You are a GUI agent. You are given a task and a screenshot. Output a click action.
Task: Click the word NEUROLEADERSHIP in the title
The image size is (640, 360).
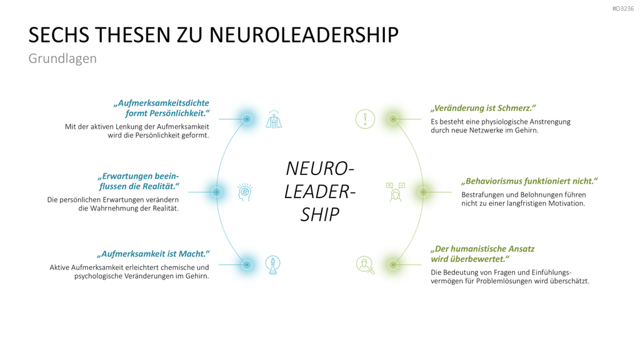click(x=304, y=35)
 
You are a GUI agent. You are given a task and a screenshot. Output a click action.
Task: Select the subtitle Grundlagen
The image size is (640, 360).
click(x=62, y=58)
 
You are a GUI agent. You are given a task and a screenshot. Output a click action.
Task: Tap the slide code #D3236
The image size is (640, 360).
click(x=623, y=9)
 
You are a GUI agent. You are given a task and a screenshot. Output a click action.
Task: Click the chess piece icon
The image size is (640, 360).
click(x=272, y=264)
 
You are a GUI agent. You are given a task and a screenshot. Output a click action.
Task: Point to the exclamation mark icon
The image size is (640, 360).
click(x=365, y=119)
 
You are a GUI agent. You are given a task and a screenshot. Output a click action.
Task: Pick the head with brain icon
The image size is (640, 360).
click(x=245, y=192)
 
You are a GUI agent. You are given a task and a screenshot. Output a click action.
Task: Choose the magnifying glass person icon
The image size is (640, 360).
click(x=365, y=265)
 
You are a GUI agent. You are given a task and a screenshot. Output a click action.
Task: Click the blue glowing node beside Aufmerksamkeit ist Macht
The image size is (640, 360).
click(x=246, y=264)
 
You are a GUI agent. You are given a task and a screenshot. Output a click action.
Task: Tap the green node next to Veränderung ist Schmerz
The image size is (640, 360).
click(x=392, y=119)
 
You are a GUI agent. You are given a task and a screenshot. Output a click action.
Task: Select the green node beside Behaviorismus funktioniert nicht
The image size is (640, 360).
click(x=423, y=192)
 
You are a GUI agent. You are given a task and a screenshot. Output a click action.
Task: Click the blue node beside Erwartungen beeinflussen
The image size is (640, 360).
click(x=216, y=192)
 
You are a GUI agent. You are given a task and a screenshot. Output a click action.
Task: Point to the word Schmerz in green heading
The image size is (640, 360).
click(x=516, y=108)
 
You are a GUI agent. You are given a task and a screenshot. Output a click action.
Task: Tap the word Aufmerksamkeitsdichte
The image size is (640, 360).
click(x=162, y=103)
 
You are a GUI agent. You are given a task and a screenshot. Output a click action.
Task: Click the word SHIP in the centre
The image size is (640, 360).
click(x=320, y=214)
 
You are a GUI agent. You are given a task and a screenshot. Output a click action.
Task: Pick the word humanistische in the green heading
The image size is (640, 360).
click(x=478, y=249)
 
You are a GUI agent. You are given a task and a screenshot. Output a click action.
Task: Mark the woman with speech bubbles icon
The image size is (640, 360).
click(x=395, y=192)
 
